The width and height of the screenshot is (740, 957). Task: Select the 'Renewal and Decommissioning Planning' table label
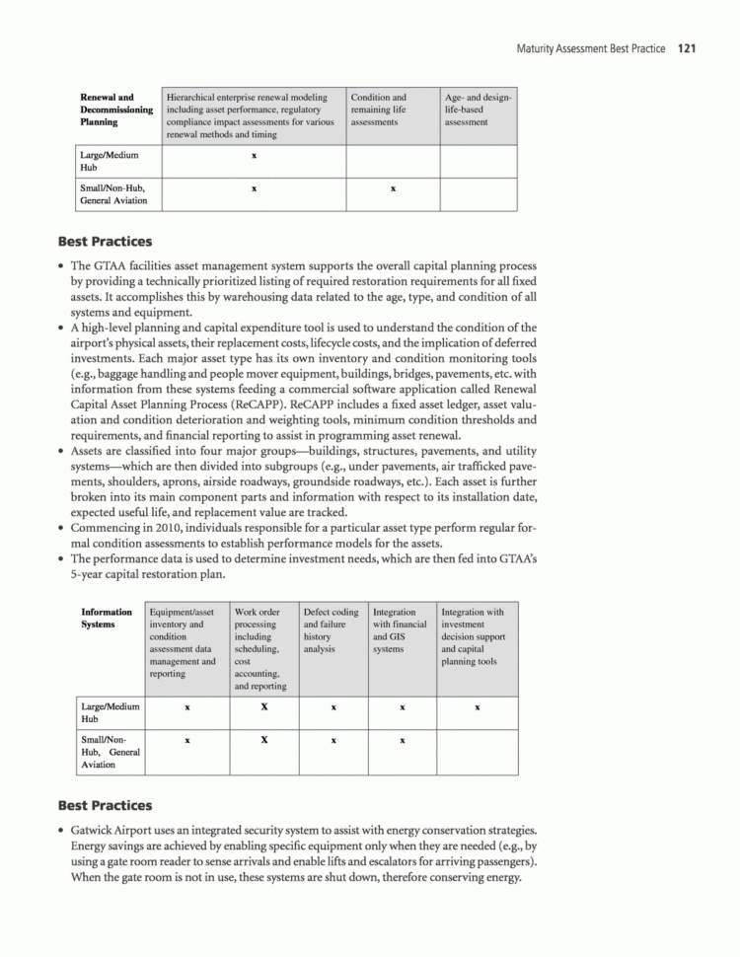click(x=115, y=110)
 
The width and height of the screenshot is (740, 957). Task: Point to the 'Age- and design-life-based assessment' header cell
click(x=478, y=110)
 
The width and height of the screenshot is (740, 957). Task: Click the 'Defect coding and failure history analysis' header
click(x=332, y=630)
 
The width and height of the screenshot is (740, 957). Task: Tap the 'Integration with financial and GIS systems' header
click(x=400, y=630)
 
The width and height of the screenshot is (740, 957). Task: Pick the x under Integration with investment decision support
click(x=477, y=707)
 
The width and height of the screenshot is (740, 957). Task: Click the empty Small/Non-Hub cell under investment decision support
click(x=477, y=752)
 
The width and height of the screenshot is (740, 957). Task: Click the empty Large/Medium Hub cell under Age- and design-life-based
click(x=478, y=160)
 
